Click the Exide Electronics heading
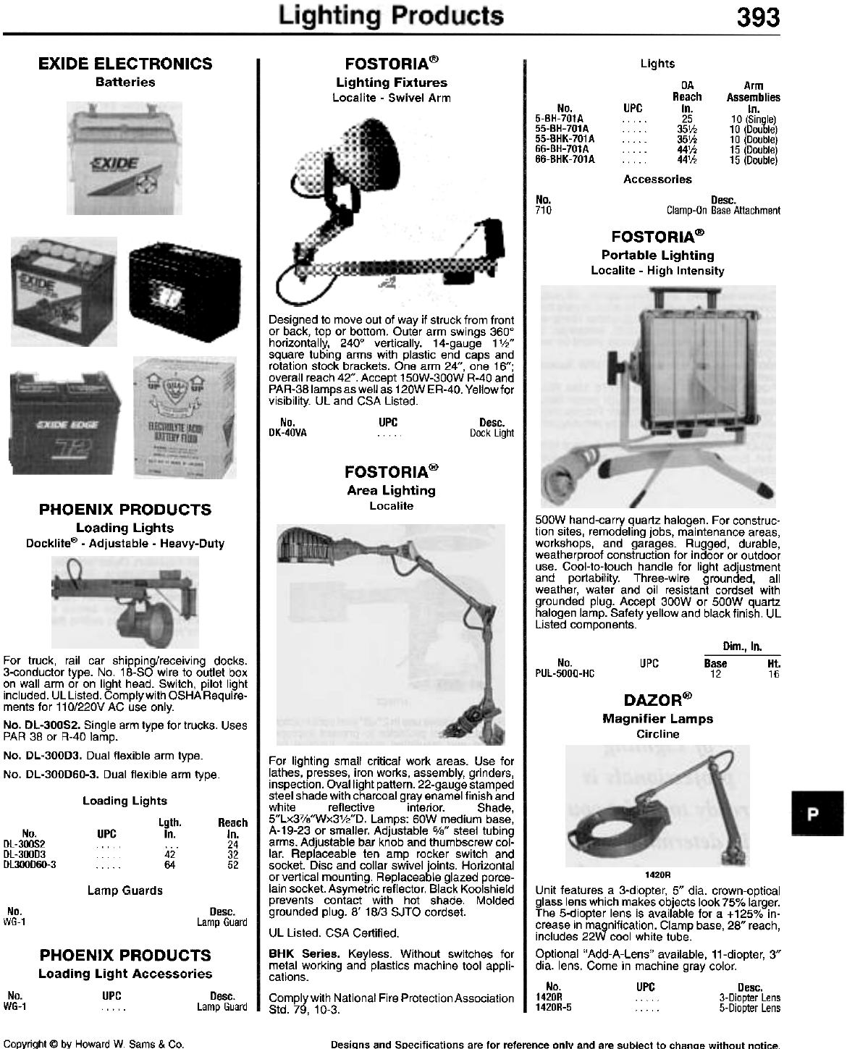[125, 64]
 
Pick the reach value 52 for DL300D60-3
[232, 864]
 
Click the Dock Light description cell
[492, 433]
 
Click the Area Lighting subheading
[391, 490]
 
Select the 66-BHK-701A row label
[565, 159]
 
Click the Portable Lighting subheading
[657, 255]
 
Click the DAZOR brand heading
[657, 700]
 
